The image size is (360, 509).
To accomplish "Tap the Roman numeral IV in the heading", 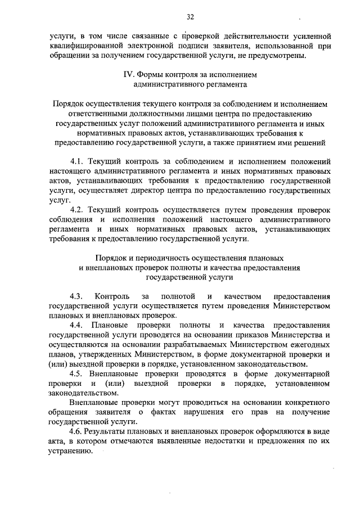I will (x=128, y=74).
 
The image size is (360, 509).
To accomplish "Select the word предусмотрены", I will (x=280, y=55).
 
